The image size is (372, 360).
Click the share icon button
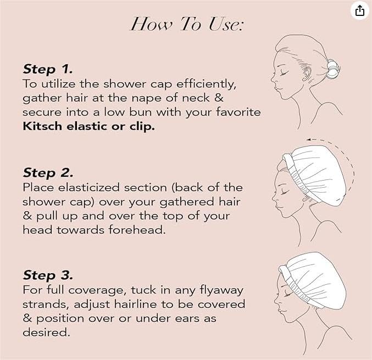360,10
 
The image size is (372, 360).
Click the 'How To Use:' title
187,24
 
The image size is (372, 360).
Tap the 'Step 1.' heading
48,69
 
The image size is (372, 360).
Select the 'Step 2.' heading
48,172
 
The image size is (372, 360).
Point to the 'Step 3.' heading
48,275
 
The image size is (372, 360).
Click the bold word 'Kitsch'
42,126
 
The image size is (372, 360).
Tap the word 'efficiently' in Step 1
206,84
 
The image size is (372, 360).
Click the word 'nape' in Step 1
147,99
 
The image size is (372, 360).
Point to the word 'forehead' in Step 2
137,229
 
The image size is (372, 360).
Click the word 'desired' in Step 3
47,332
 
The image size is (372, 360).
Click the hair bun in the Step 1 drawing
332,69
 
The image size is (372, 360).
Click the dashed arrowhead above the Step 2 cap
309,139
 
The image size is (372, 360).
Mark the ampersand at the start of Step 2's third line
27,216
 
